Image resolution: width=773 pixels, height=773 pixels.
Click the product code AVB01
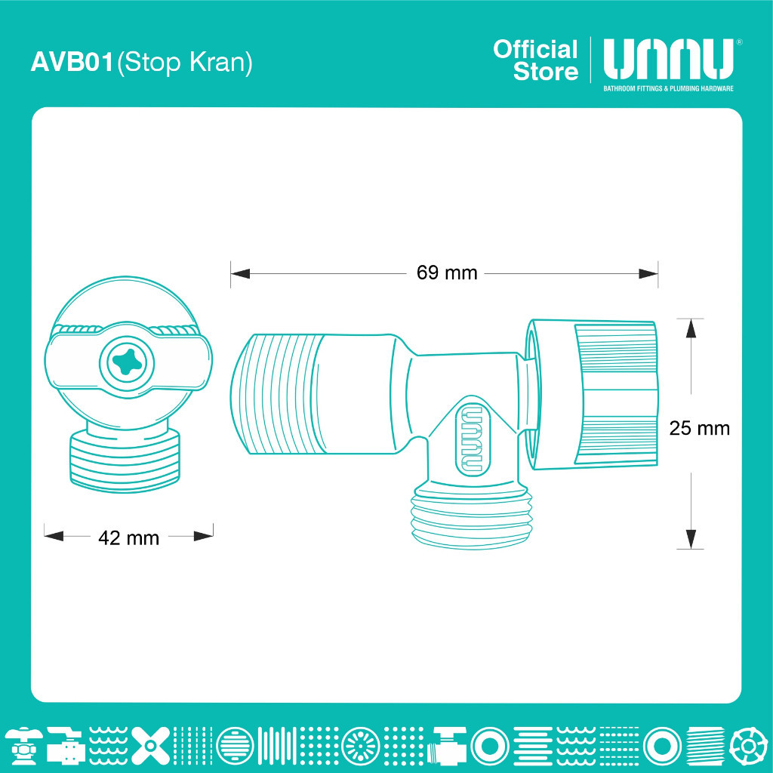click(x=72, y=62)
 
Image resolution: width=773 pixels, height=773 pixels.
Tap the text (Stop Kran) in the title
click(x=185, y=63)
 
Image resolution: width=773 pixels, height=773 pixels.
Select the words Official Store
click(x=536, y=60)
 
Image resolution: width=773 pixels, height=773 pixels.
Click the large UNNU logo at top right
click(x=669, y=59)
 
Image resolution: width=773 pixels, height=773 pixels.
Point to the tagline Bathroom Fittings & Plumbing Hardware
click(x=669, y=89)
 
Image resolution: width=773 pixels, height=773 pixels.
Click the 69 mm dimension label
click(x=447, y=273)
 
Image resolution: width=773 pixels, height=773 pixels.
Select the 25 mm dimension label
click(x=699, y=428)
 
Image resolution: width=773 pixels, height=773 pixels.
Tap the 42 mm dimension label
click(x=128, y=537)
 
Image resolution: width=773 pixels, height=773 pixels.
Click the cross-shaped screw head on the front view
click(x=127, y=363)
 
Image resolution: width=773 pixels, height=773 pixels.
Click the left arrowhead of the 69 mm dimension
click(x=240, y=273)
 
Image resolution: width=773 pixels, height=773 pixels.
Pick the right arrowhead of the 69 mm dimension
click(x=648, y=273)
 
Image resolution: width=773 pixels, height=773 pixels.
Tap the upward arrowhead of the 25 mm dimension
click(x=691, y=328)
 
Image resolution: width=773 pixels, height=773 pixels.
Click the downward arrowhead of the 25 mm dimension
click(x=691, y=539)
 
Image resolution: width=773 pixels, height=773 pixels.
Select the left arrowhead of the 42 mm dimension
click(x=54, y=536)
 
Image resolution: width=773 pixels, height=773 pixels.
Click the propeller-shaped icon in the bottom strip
click(x=151, y=745)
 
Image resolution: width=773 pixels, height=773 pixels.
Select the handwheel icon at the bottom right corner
click(x=748, y=745)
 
